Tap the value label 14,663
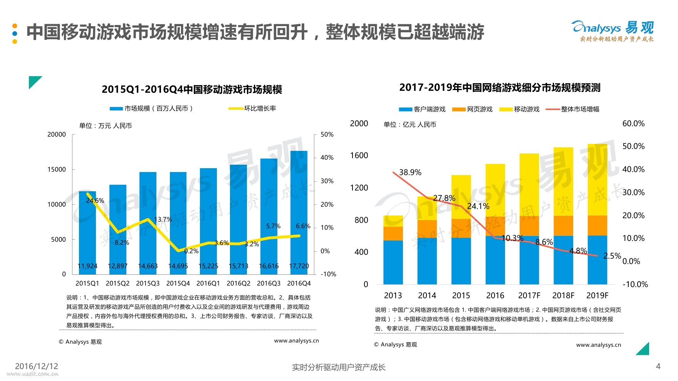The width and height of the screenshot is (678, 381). pos(148,266)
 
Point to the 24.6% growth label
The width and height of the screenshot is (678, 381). pos(95,201)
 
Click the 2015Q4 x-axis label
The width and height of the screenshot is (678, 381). pos(178,283)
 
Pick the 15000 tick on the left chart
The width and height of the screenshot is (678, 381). pos(57,169)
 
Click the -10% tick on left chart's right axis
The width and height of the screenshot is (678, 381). pos(328,274)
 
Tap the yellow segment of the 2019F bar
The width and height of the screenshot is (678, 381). pos(597,179)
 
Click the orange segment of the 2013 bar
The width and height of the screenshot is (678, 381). pos(393,234)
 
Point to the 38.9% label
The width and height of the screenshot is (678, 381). pos(410,172)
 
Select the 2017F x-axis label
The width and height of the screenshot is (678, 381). pos(529,296)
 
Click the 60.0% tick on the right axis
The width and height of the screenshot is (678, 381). pos(633,124)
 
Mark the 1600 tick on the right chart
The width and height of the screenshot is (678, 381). pos(359,155)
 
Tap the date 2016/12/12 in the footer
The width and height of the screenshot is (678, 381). pos(37,366)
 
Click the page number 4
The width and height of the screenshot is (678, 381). pos(658,366)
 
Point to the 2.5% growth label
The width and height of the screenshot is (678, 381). pos(612,256)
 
